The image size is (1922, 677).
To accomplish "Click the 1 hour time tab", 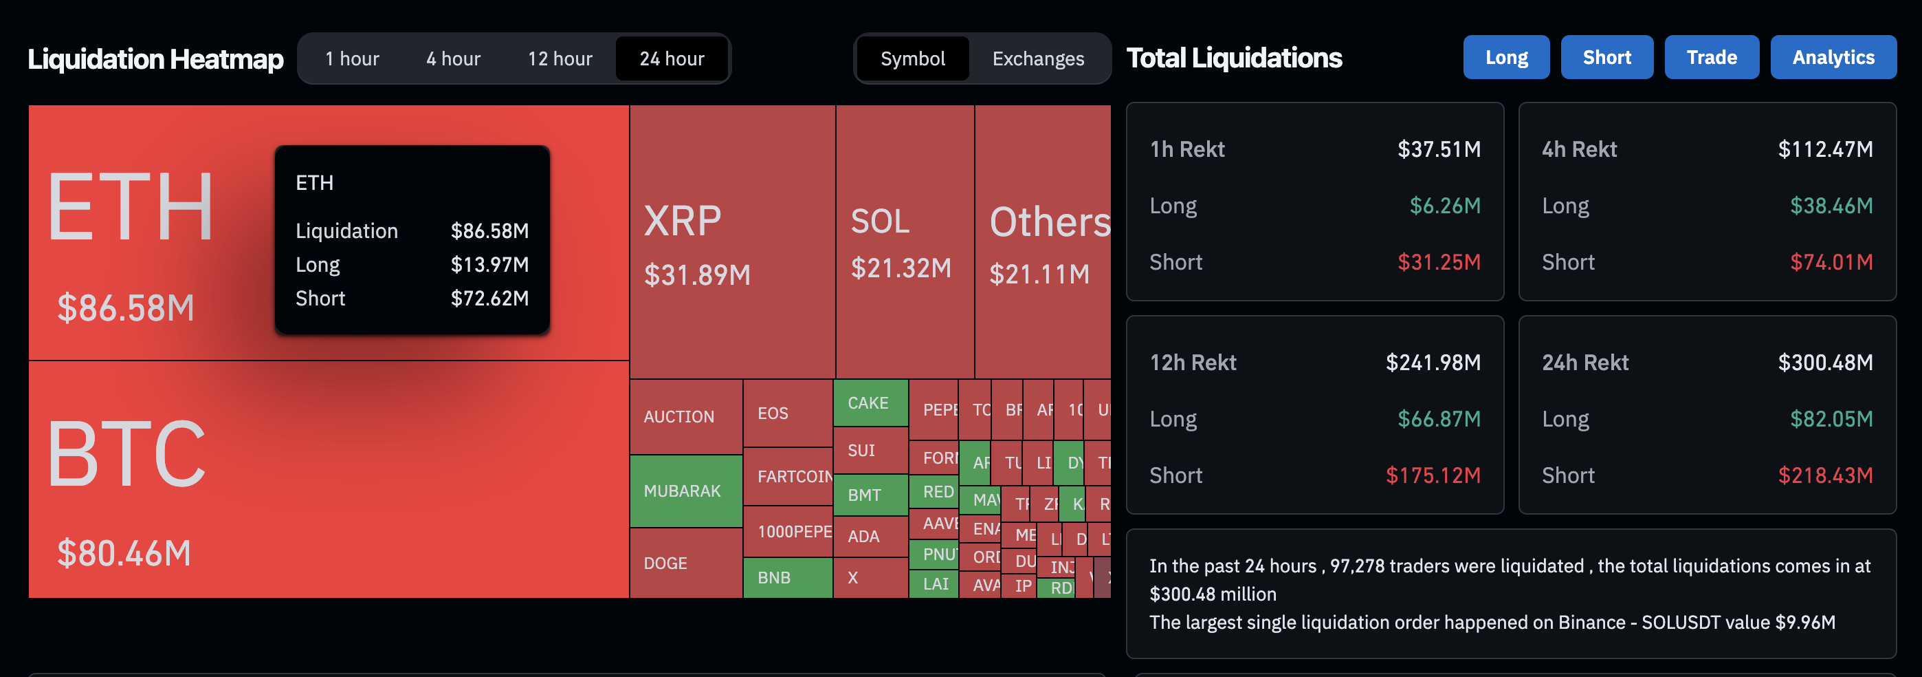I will point(351,58).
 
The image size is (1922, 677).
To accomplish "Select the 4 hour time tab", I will point(453,58).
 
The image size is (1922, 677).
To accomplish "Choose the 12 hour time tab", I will point(560,58).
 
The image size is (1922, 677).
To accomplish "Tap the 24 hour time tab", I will point(672,58).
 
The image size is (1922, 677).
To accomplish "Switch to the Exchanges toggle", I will point(1037,58).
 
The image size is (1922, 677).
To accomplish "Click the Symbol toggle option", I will point(912,58).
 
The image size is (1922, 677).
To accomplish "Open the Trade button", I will point(1711,58).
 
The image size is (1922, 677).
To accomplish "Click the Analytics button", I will point(1833,58).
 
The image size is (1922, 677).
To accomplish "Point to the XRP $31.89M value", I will point(697,275).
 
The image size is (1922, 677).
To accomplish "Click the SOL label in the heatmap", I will point(880,221).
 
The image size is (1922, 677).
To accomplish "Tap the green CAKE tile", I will point(869,402).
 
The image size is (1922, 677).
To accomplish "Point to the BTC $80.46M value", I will point(124,553).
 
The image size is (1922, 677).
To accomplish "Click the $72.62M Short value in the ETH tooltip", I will point(489,298).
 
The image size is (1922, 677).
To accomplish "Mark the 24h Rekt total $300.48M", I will point(1824,362).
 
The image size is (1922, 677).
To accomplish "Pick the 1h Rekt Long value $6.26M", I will point(1444,205).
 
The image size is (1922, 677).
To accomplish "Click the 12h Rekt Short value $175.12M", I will point(1433,475).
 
